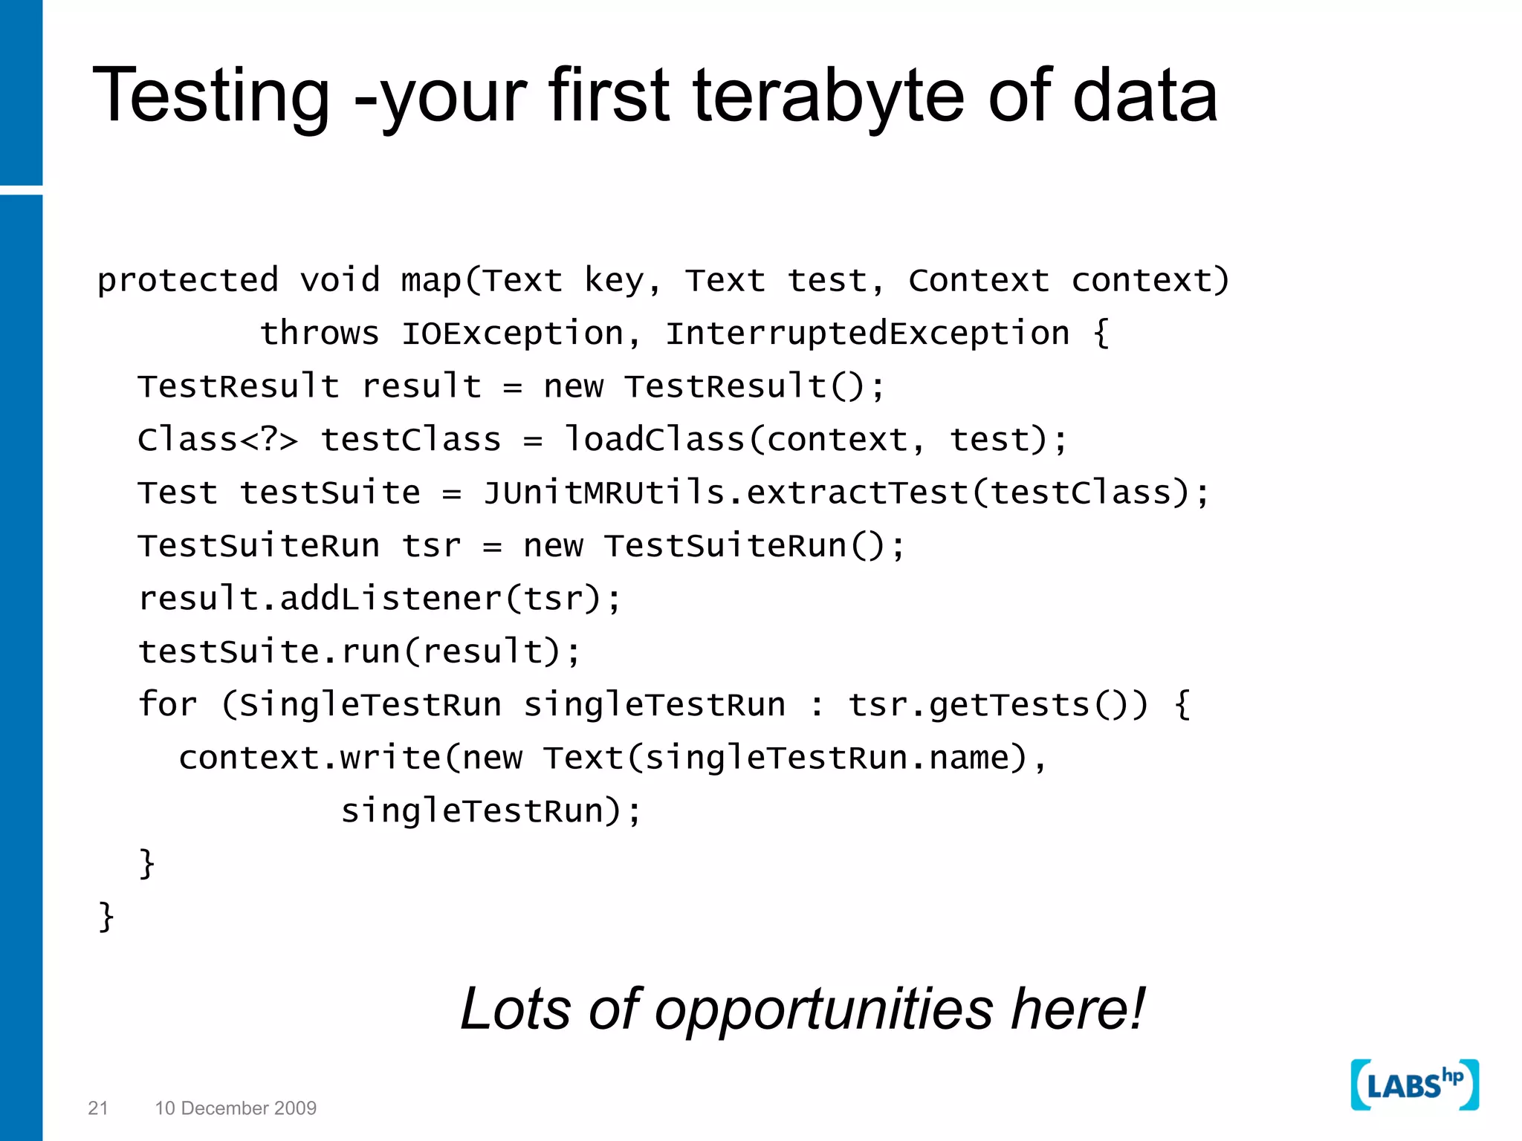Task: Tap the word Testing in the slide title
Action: pos(211,97)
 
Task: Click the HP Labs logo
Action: pos(1414,1085)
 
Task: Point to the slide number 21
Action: pos(98,1108)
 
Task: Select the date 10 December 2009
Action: pos(236,1108)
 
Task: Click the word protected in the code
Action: pos(188,281)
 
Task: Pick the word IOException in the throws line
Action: pos(512,334)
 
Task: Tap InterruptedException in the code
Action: pos(867,334)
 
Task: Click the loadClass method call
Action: pos(654,439)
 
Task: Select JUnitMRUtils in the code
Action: pos(603,493)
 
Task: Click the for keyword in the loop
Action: pos(168,704)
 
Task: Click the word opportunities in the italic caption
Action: pos(823,1010)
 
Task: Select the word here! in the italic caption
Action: pos(1078,1010)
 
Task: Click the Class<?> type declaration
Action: pos(218,439)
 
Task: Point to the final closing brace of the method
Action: pos(106,917)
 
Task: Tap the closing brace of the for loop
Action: pos(147,863)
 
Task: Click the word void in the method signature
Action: pos(340,281)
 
